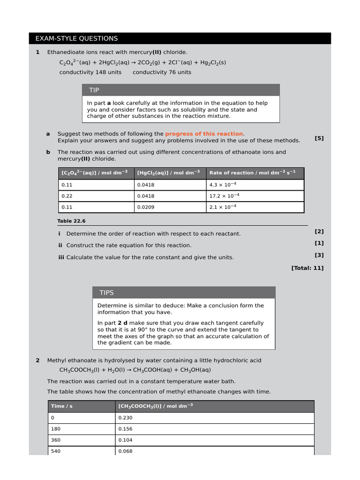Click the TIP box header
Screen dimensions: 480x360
click(x=180, y=90)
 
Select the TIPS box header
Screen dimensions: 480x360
click(x=184, y=292)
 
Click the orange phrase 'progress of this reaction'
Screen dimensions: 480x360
click(x=204, y=134)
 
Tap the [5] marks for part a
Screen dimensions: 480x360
click(x=319, y=138)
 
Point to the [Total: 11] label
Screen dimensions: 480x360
click(x=307, y=268)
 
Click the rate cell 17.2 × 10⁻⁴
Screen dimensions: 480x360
click(x=225, y=196)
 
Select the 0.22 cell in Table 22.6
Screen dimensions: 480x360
click(x=67, y=196)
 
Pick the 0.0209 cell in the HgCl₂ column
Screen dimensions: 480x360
click(x=145, y=207)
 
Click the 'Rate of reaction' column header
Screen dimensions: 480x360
click(x=252, y=172)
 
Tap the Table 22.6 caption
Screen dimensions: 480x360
click(x=71, y=221)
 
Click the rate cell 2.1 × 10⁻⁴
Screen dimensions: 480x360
click(x=223, y=207)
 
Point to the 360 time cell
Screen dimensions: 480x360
click(x=56, y=440)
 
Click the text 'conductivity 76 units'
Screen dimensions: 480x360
click(x=162, y=72)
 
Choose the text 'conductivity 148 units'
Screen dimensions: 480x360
click(x=90, y=72)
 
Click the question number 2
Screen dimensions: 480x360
click(x=37, y=360)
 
